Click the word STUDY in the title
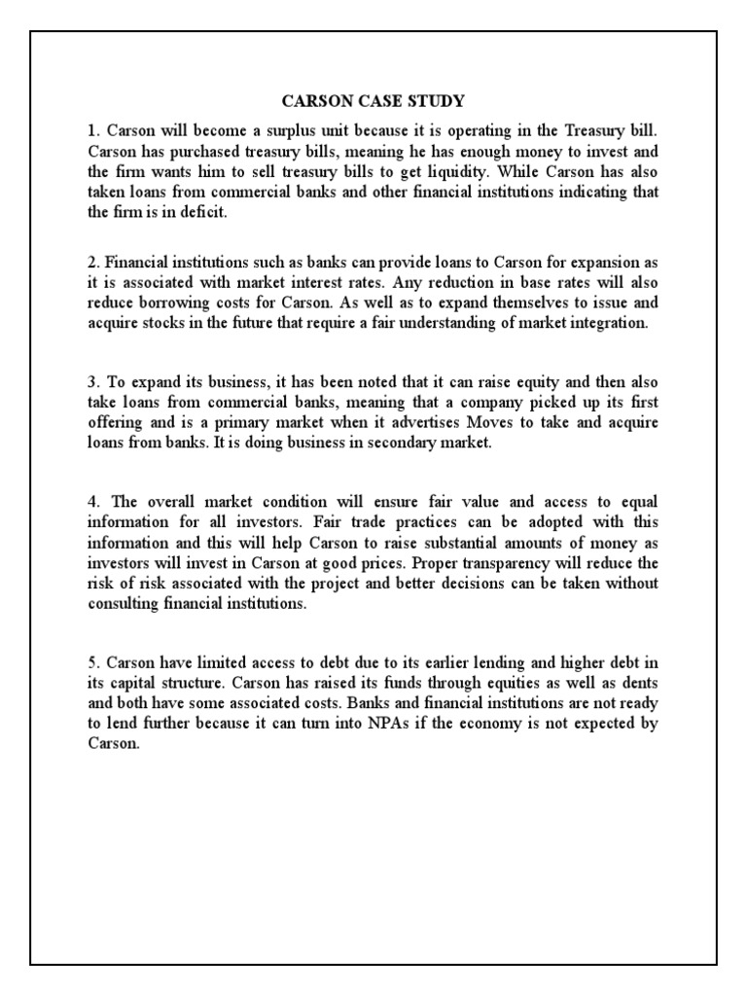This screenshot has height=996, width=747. (x=436, y=100)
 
